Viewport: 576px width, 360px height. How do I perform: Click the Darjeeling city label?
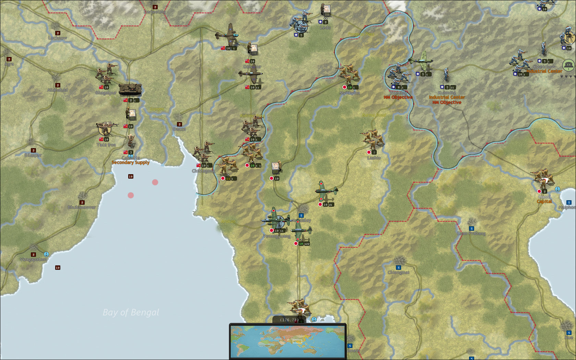tap(155, 12)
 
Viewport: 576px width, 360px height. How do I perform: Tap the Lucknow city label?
tap(58, 38)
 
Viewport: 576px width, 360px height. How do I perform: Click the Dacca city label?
tap(179, 129)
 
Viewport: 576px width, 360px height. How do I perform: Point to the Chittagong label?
tap(203, 171)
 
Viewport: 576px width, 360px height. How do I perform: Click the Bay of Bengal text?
tap(131, 312)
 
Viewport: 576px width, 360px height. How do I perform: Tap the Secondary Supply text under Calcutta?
tap(131, 163)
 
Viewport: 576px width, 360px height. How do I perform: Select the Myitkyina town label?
tap(350, 93)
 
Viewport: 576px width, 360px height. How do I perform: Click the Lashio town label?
tap(374, 158)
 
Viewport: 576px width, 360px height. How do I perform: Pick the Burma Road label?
tap(374, 115)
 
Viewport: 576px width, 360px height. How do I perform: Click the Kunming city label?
tap(447, 93)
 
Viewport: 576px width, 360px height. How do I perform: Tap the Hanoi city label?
tap(544, 197)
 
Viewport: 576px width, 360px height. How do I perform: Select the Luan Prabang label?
tap(471, 233)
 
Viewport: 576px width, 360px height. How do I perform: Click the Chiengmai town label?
tap(398, 273)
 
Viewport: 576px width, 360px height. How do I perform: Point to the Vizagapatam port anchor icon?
tap(46, 254)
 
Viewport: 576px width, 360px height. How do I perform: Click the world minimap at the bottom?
tap(288, 341)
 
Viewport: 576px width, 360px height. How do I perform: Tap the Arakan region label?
tap(228, 221)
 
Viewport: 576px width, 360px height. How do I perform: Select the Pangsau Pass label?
tap(361, 34)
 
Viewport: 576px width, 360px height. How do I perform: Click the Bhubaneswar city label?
tap(82, 207)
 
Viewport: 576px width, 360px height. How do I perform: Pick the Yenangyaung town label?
tap(277, 236)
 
